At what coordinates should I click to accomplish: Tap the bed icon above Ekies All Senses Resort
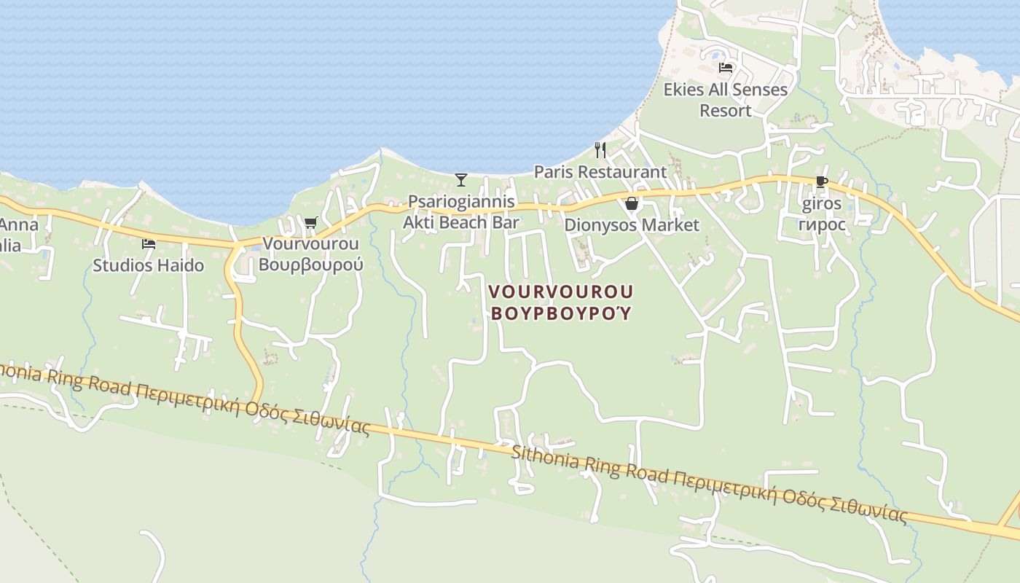pos(725,68)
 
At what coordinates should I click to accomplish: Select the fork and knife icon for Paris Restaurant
pos(600,150)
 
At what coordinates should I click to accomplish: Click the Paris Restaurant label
pos(600,172)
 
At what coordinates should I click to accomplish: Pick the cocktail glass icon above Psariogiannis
pos(460,179)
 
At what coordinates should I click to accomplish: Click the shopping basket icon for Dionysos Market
pos(632,203)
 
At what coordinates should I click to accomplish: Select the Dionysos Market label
pos(632,225)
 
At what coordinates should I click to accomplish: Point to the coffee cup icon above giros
pos(822,182)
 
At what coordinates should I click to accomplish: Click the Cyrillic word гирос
pos(822,224)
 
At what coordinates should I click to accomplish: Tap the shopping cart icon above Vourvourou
pos(311,222)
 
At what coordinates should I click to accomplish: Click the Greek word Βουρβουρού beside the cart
pos(311,265)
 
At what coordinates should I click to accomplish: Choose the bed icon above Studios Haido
pos(149,244)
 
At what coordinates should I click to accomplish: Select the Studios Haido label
pos(149,266)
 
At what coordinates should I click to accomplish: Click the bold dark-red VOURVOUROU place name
pos(560,291)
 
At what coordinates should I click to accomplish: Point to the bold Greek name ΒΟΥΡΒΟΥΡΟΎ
pos(560,314)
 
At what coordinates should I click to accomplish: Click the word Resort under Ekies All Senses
pos(726,111)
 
